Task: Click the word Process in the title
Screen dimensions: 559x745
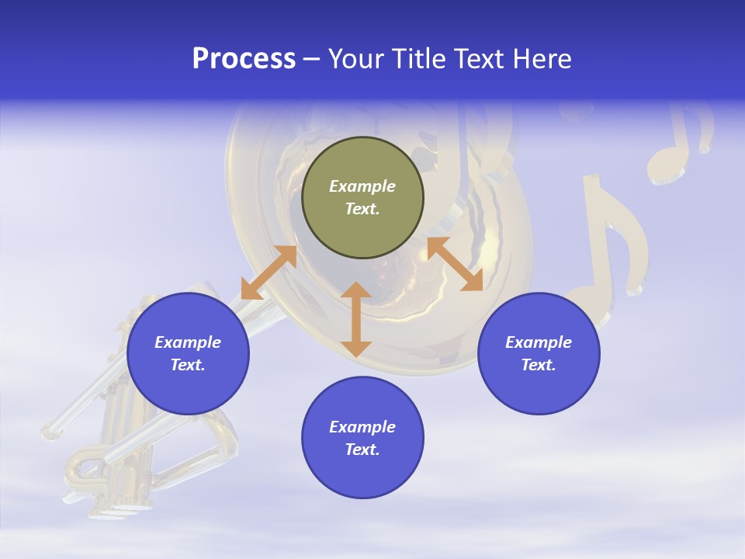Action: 244,59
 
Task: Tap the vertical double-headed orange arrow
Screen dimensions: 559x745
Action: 356,319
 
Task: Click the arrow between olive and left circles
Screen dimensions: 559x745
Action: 269,273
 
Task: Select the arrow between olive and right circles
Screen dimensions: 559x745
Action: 455,264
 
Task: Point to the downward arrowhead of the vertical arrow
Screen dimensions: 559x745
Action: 356,347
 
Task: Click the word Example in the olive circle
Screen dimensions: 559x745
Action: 362,186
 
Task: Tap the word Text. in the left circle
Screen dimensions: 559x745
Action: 188,365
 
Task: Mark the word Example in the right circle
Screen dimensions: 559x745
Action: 539,342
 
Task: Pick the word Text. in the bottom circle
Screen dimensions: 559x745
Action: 362,450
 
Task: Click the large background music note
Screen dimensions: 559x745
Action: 613,241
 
